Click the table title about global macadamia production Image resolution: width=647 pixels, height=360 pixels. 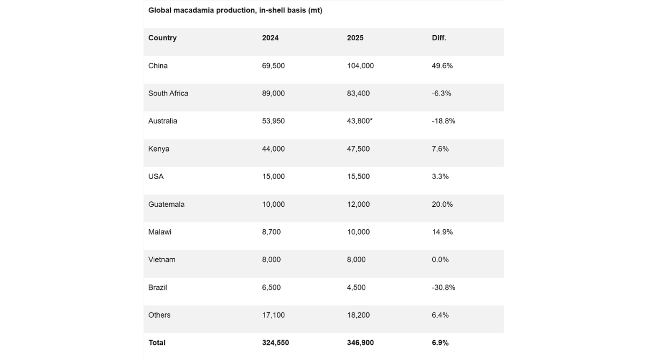[x=235, y=10]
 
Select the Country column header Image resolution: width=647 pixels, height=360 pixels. [x=162, y=38]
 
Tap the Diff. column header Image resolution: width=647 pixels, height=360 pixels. [x=439, y=38]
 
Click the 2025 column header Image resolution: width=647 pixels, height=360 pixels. [x=355, y=38]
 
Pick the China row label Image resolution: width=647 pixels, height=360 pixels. [x=158, y=66]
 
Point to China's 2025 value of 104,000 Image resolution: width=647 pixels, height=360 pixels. [x=360, y=66]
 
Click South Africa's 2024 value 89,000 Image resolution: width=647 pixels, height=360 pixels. [x=273, y=93]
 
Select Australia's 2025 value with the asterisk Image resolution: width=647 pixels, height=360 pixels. [x=359, y=121]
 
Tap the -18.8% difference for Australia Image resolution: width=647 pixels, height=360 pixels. [x=443, y=121]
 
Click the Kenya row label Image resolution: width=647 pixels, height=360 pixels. [x=159, y=149]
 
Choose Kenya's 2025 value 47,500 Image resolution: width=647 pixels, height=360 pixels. [x=358, y=149]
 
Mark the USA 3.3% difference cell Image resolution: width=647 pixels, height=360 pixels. [x=440, y=176]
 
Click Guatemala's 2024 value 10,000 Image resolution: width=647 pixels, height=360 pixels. [x=273, y=204]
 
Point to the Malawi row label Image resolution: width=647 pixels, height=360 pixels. [x=160, y=232]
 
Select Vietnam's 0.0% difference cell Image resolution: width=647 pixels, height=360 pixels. [x=440, y=260]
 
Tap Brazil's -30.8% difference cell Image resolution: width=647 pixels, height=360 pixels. [x=443, y=288]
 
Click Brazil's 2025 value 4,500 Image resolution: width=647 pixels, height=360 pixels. [x=356, y=288]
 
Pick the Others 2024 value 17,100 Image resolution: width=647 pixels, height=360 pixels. [x=273, y=315]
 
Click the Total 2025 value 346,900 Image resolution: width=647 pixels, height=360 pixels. [x=360, y=343]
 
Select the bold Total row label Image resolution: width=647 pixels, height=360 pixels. [x=157, y=343]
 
